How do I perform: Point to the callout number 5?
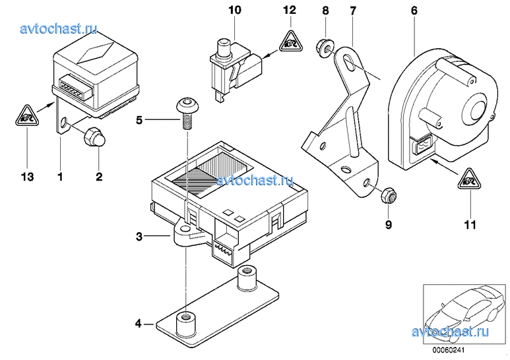pos(139,120)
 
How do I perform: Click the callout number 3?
pos(139,235)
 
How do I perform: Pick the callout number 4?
pos(139,324)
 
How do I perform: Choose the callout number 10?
pos(236,10)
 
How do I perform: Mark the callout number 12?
pos(290,10)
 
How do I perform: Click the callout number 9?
pos(389,225)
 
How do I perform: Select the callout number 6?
pos(414,10)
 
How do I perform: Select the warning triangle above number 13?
pos(26,118)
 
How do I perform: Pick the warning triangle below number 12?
pos(290,44)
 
